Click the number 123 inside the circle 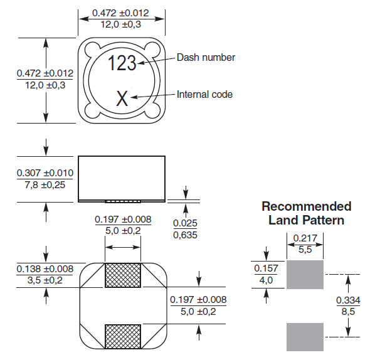pos(122,63)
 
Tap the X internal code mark pos(122,98)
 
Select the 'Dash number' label pos(206,57)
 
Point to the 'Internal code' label pos(204,95)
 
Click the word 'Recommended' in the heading pos(306,206)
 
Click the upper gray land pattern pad pos(305,274)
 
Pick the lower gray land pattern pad pos(305,337)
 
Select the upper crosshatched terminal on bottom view pos(122,275)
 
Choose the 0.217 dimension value pos(305,239)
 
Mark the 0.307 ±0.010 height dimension pos(45,173)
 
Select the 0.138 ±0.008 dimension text pos(45,268)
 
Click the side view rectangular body pos(122,176)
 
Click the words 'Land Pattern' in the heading pos(306,220)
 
